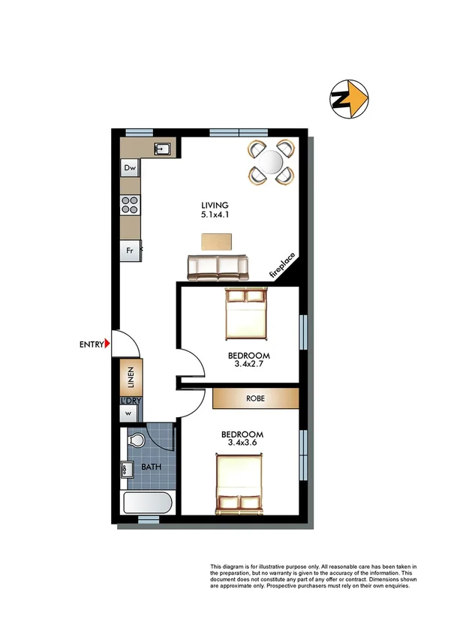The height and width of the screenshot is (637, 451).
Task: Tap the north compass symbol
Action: coord(350,98)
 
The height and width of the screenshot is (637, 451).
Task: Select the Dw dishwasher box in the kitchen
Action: coord(130,169)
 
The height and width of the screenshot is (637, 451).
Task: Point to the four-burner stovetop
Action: coord(130,204)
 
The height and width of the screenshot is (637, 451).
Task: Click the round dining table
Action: coord(270,161)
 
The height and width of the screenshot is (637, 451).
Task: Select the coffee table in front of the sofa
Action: coord(217,241)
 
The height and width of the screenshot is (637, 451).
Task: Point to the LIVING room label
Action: coord(214,206)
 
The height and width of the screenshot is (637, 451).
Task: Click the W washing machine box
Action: coord(129,413)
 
